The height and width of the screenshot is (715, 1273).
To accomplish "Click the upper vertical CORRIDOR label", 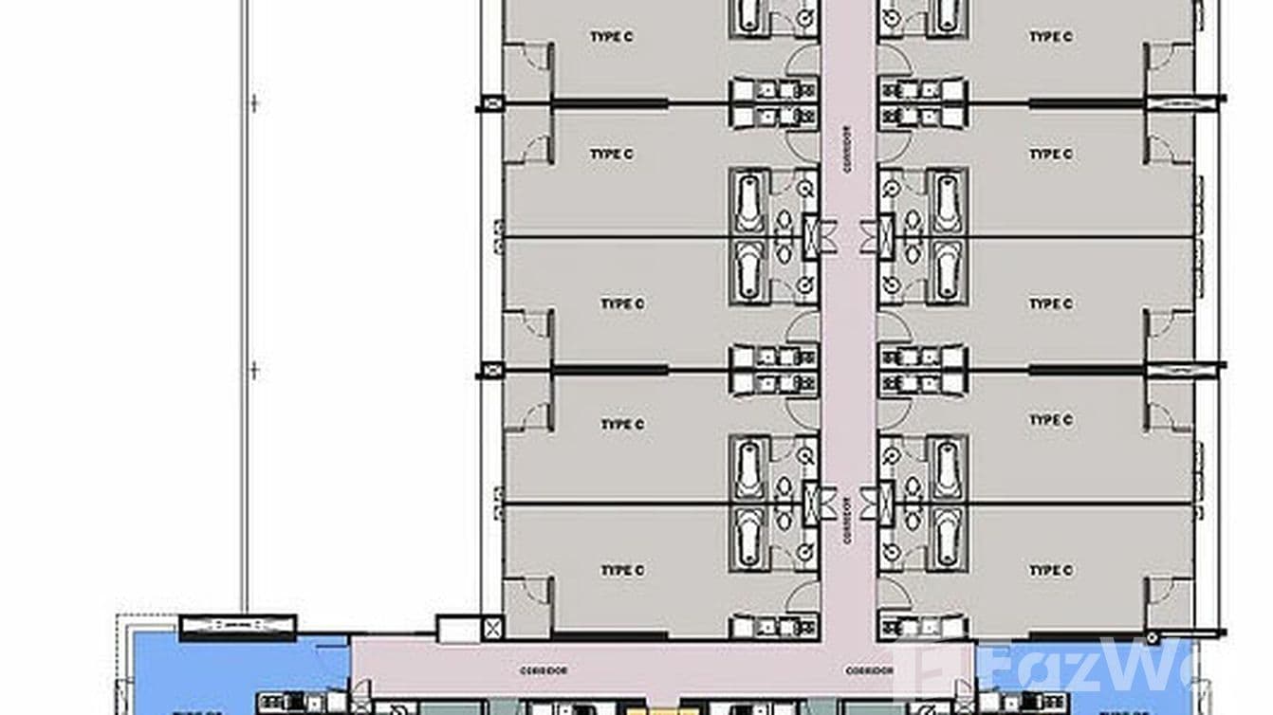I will [x=848, y=150].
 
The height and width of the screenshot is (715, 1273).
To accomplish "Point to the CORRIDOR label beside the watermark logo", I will [x=871, y=670].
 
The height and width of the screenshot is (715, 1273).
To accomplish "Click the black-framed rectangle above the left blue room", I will [x=237, y=626].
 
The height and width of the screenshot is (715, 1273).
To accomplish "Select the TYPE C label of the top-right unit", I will [x=1050, y=36].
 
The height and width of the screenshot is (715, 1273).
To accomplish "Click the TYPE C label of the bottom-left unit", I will [x=622, y=570].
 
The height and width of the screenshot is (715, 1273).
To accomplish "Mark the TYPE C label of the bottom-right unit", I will [x=1050, y=570].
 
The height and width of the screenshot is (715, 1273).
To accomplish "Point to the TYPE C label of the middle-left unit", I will [x=622, y=303].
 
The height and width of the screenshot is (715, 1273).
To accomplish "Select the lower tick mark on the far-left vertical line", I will [x=253, y=370].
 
